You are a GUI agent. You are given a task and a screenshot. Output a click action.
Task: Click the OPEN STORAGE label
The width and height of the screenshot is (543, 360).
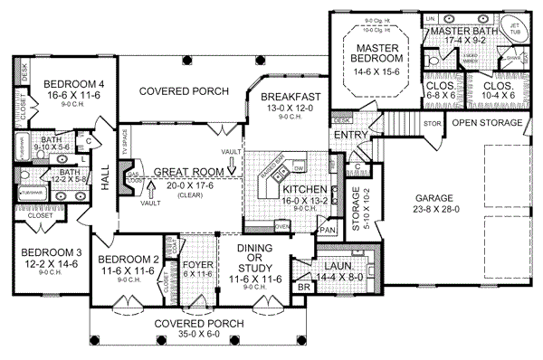pyautogui.click(x=489, y=122)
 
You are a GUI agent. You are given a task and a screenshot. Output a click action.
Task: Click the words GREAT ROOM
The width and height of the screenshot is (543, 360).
pyautogui.click(x=188, y=172)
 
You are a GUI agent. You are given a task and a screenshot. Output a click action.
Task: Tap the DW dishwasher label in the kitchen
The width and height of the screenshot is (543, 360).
pyautogui.click(x=298, y=168)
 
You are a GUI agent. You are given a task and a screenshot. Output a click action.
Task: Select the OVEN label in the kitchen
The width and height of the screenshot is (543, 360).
pyautogui.click(x=281, y=226)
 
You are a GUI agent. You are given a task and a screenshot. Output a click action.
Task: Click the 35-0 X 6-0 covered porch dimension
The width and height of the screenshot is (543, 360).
pyautogui.click(x=196, y=333)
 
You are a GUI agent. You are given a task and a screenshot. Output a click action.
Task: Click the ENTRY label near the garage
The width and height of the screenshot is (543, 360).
pyautogui.click(x=349, y=135)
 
